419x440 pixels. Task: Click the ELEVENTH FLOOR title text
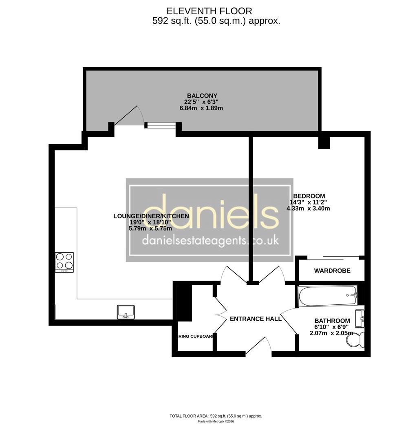[x=209, y=11]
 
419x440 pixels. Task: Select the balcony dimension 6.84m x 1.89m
[x=201, y=108]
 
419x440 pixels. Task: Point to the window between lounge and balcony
[x=161, y=125]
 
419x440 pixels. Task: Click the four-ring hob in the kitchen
[x=64, y=262]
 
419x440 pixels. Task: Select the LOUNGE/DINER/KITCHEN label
[x=151, y=216]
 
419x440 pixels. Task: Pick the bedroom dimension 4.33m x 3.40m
[x=308, y=209]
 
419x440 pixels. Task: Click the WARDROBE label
[x=332, y=271]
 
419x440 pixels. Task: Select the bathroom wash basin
[x=359, y=318]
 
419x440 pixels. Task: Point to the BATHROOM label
[x=332, y=321]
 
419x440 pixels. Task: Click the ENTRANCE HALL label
[x=256, y=319]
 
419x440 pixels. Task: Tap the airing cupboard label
[x=195, y=337]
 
